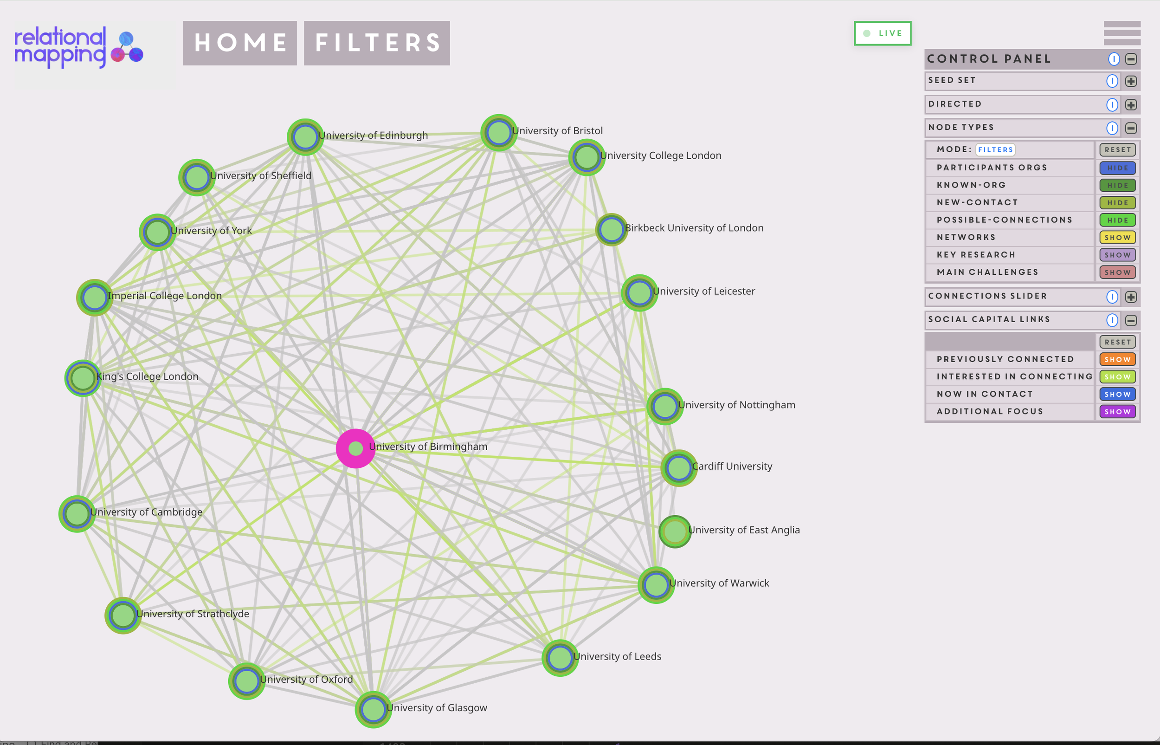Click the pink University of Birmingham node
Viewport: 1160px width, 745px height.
(355, 448)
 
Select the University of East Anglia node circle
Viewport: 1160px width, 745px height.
(675, 531)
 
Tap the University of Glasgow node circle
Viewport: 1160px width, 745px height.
(373, 709)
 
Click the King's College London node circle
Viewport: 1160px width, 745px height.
(83, 378)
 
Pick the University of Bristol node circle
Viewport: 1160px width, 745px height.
(498, 133)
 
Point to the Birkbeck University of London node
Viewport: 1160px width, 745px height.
(611, 229)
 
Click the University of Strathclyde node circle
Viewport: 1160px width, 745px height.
(123, 615)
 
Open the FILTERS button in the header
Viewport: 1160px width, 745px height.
(377, 43)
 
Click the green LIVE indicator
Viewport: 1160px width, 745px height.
(883, 33)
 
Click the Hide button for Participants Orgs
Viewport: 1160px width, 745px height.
(1117, 168)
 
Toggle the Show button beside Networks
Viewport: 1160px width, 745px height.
(1117, 238)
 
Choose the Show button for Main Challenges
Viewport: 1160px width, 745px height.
(1117, 272)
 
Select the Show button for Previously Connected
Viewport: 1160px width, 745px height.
(1117, 359)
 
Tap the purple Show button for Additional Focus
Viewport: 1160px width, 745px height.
(1117, 412)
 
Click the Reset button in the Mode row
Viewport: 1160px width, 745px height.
(1117, 150)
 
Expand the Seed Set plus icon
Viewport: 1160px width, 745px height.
(1131, 81)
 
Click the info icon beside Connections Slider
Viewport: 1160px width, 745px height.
(1112, 297)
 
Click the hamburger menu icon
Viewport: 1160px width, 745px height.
(1122, 33)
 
